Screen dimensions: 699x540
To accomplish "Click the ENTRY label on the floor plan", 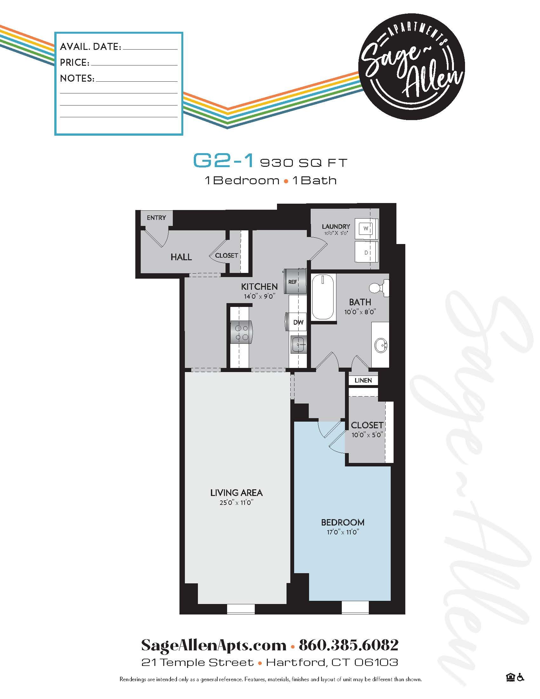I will [x=156, y=218].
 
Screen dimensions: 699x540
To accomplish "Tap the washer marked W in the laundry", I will [x=367, y=228].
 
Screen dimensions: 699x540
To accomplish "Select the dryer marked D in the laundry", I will [x=367, y=253].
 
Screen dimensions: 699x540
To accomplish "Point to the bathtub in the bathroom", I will [x=323, y=297].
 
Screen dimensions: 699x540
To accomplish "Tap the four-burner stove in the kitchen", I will [x=240, y=333].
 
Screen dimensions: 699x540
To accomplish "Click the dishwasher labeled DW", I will [x=298, y=322].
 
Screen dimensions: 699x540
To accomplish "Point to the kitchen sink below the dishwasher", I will [x=298, y=344].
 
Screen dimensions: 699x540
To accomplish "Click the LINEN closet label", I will [x=363, y=380].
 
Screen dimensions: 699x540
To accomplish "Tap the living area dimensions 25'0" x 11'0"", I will [x=236, y=503].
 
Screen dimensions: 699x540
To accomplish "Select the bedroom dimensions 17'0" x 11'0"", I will [x=343, y=532].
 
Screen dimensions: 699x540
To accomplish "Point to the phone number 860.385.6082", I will [x=348, y=645].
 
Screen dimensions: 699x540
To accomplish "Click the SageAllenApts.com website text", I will [x=214, y=645].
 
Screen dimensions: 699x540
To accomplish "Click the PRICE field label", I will [x=75, y=62].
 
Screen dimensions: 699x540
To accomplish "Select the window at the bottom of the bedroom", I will [x=355, y=608].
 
